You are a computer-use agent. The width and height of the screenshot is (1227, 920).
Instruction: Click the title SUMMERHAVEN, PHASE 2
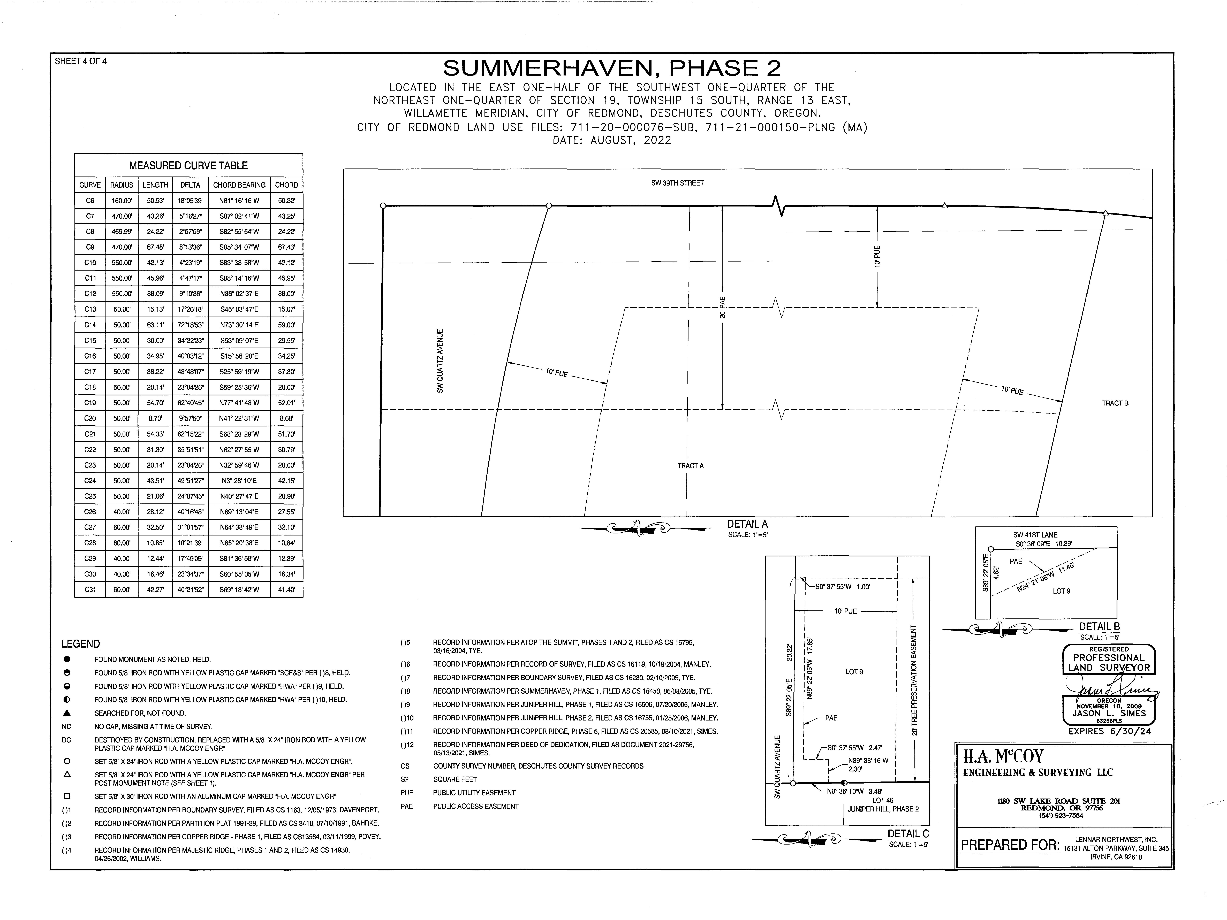(x=612, y=68)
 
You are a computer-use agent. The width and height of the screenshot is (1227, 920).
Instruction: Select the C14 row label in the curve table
(x=90, y=325)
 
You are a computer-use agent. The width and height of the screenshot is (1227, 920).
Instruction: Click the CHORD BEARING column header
(x=239, y=185)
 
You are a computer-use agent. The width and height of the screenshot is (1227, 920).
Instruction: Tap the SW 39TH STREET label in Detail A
(x=677, y=183)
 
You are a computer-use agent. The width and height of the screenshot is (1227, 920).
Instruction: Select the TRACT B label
(x=1115, y=403)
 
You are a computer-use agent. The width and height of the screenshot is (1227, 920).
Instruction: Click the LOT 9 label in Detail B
(x=1061, y=591)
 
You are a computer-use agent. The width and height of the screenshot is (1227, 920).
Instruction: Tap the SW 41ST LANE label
(x=1035, y=535)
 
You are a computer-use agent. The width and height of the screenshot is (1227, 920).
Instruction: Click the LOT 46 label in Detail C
(x=883, y=800)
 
